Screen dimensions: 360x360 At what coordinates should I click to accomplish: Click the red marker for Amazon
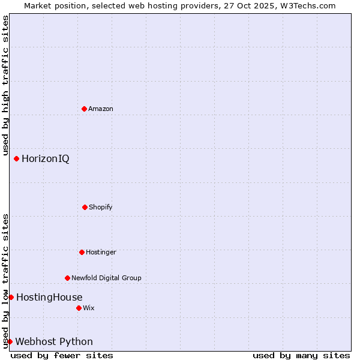tap(84, 109)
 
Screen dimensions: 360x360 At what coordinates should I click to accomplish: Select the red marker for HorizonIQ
tap(16, 158)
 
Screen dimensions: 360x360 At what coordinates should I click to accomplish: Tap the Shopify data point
tap(85, 207)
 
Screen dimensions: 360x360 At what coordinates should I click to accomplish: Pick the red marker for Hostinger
tap(82, 252)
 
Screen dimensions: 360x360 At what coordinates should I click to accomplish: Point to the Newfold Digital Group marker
tap(67, 278)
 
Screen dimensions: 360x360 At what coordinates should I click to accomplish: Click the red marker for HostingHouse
tap(11, 297)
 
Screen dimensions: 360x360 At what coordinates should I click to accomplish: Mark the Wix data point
tap(79, 308)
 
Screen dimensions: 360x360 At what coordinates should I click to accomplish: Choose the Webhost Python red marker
tap(10, 341)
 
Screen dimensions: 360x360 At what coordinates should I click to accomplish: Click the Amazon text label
tap(101, 109)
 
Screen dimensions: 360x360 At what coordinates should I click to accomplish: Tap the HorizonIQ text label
tap(45, 158)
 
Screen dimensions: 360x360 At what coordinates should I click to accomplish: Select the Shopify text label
tap(101, 207)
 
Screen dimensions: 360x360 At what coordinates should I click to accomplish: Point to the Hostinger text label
tap(101, 252)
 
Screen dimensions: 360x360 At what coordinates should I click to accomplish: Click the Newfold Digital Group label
tap(106, 278)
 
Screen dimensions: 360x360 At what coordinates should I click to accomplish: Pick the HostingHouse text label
tap(49, 297)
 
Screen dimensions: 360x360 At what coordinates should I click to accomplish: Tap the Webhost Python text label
tap(54, 341)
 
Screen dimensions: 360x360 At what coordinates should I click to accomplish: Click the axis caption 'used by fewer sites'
tap(62, 355)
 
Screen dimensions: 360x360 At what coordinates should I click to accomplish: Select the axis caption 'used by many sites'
tap(301, 355)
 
